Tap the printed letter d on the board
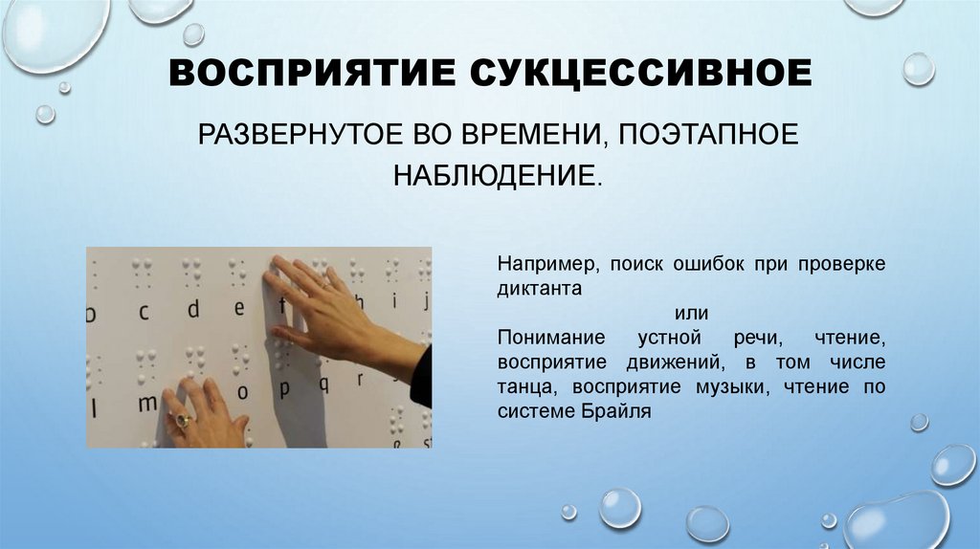point(193,309)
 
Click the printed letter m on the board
point(146,403)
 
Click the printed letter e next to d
point(240,308)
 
